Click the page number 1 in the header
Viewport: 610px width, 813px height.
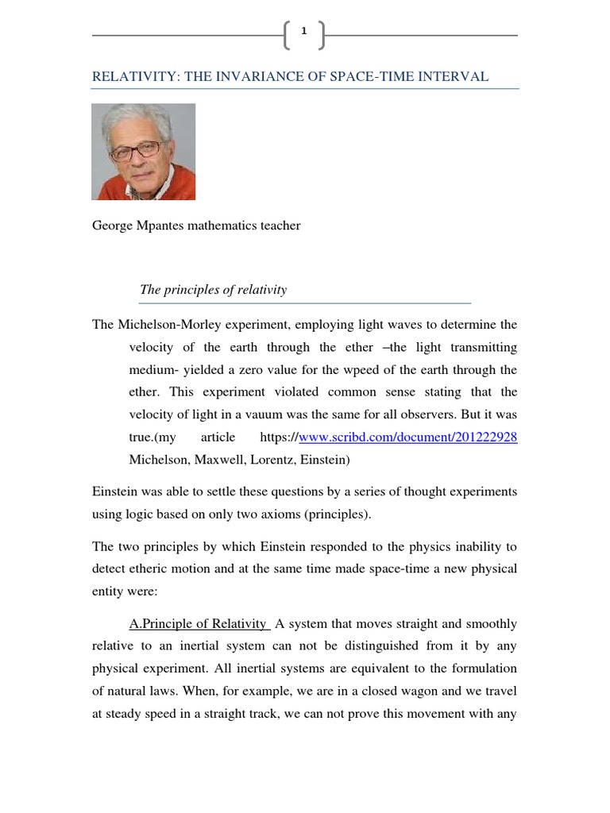tap(303, 31)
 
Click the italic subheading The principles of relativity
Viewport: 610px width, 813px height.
tap(213, 290)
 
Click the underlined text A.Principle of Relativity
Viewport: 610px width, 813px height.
tap(199, 623)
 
